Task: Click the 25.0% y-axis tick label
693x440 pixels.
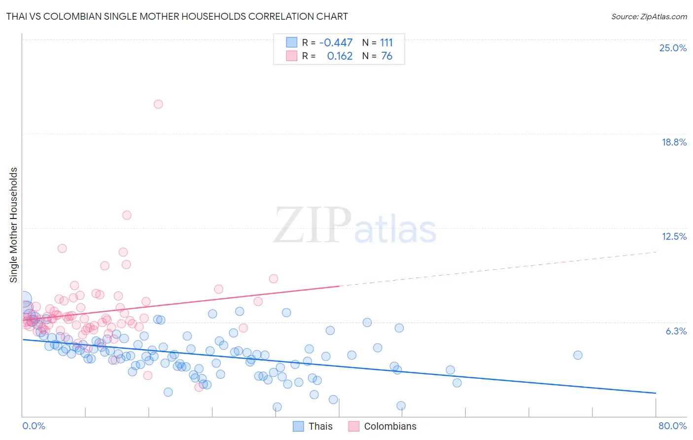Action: tap(673, 48)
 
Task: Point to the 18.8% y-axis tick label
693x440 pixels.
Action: tap(674, 142)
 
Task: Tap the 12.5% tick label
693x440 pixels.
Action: tap(674, 236)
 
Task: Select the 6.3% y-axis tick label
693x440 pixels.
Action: tap(676, 331)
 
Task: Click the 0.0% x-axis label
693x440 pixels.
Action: tap(34, 426)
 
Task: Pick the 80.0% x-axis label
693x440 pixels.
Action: tap(672, 426)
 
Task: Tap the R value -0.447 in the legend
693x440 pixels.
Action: tap(336, 43)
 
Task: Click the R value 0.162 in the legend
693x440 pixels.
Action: tap(340, 56)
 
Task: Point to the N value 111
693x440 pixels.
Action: tap(386, 43)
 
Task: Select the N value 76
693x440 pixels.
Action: tap(386, 56)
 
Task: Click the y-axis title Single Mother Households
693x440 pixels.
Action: tap(14, 225)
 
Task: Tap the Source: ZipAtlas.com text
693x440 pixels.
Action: tap(649, 17)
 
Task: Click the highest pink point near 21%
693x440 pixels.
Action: tap(158, 104)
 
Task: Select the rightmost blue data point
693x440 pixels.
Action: tap(578, 355)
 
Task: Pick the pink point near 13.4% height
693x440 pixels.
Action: tap(127, 215)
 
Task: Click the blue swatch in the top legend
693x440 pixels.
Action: tap(292, 43)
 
